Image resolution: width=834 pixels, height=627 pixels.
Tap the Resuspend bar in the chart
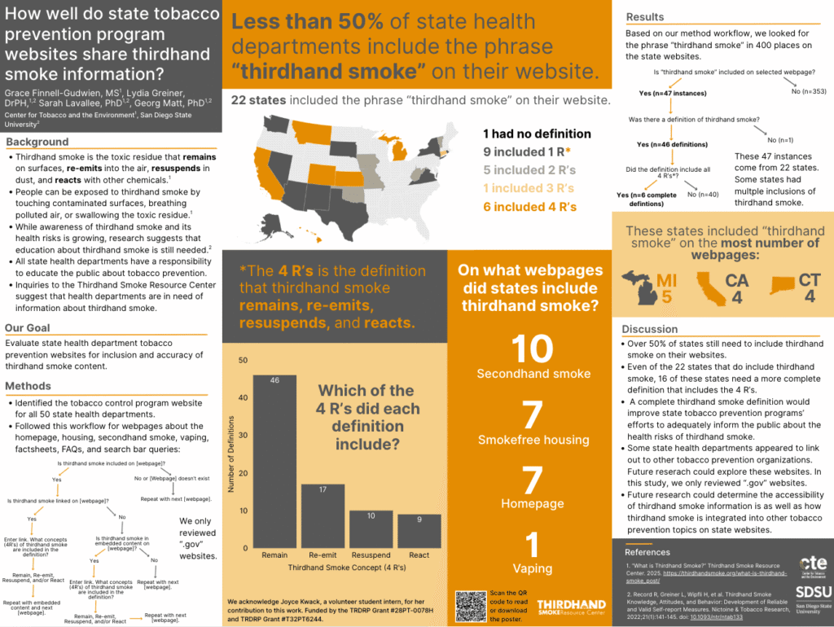pyautogui.click(x=371, y=528)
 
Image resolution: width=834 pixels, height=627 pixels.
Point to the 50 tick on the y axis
pyautogui.click(x=243, y=360)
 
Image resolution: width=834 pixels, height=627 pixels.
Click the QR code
pyautogui.click(x=476, y=605)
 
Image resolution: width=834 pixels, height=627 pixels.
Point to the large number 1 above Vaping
pyautogui.click(x=533, y=546)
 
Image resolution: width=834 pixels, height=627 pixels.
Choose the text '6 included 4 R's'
pyautogui.click(x=529, y=207)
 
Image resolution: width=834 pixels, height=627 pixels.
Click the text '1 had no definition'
pyautogui.click(x=537, y=134)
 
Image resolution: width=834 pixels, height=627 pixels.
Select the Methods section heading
pyautogui.click(x=29, y=385)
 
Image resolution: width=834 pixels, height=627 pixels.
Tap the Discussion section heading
pyautogui.click(x=650, y=329)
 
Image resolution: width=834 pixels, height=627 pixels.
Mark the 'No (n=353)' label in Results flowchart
pyautogui.click(x=813, y=90)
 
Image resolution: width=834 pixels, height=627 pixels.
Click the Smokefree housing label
pyautogui.click(x=533, y=440)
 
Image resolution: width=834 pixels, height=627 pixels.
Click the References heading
pyautogui.click(x=648, y=551)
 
